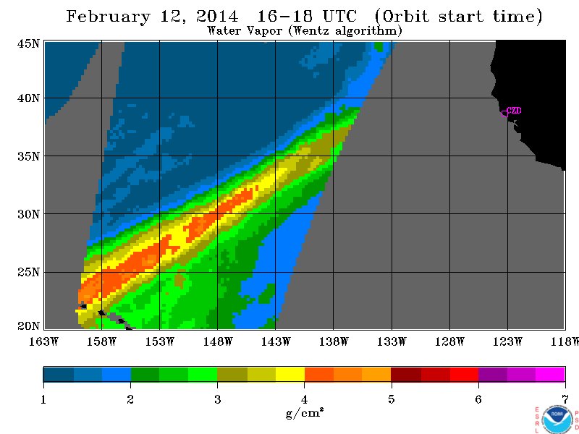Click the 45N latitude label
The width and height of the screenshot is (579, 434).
point(28,44)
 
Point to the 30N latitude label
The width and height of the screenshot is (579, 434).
point(28,214)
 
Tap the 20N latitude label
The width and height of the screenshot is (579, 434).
point(28,325)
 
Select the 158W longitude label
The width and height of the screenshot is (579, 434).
point(101,341)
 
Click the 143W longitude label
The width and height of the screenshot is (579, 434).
point(276,341)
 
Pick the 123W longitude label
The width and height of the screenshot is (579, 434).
point(507,341)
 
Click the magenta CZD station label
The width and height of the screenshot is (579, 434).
point(514,110)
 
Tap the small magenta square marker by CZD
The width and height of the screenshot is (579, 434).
point(504,114)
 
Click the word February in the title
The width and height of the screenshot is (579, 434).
point(109,17)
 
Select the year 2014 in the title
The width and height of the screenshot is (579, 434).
point(217,16)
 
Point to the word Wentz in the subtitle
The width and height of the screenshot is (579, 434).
point(310,30)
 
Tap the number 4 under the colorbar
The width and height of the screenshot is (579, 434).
point(304,399)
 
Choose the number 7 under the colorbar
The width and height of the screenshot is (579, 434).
point(565,399)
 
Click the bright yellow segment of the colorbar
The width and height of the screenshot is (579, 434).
point(290,374)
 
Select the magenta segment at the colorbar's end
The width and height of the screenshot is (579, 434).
point(550,374)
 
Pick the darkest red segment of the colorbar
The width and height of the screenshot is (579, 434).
point(406,374)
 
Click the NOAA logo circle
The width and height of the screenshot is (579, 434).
point(557,420)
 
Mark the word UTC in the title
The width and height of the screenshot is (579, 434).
point(339,16)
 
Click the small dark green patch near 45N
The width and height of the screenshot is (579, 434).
point(379,46)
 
